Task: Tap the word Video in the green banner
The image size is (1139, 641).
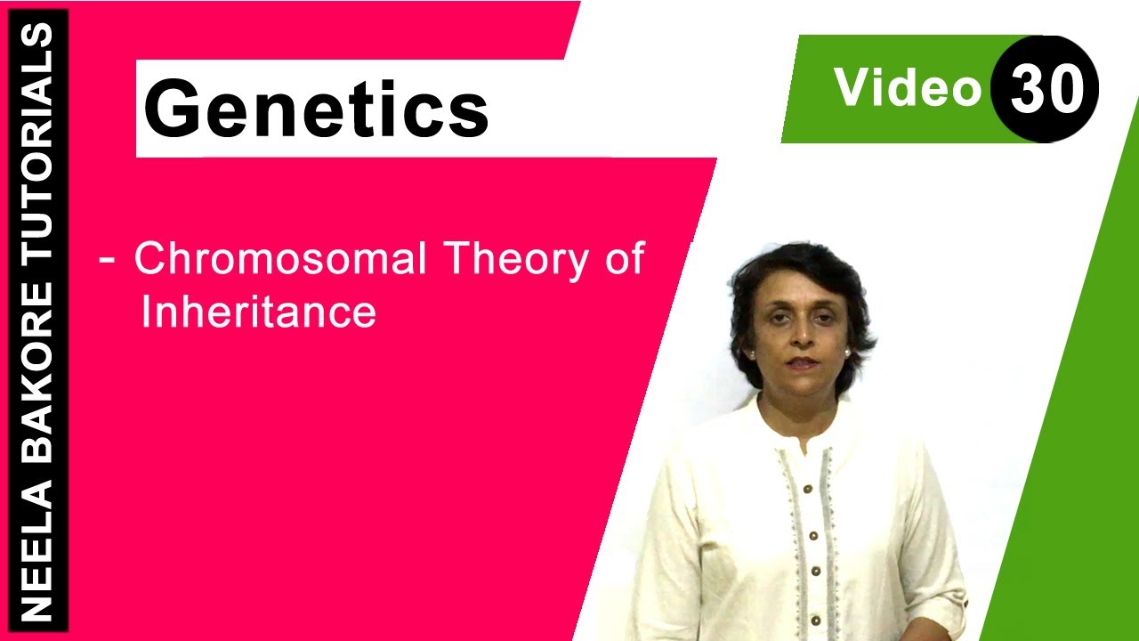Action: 907,87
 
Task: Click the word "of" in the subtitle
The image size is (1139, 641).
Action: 624,259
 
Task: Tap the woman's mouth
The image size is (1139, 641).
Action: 803,362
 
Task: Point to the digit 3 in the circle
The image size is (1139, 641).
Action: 1027,89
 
